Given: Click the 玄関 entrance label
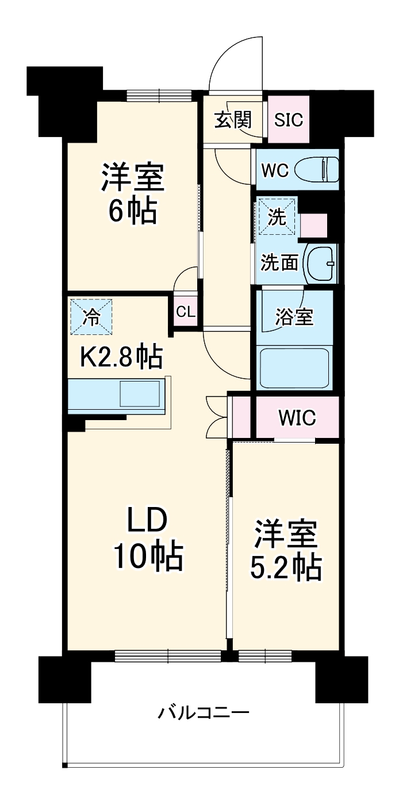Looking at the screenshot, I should pos(233,120).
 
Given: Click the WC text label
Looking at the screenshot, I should pos(274,171).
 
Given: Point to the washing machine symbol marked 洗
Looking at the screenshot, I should pos(277,218).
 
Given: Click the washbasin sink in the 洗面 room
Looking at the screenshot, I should pos(321,263).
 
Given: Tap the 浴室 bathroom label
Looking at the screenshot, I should pos(294,317).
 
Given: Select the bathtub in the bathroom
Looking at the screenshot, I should pos(294,367).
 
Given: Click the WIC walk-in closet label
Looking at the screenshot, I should pos(297,418).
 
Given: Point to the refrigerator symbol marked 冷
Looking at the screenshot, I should pos(91,316).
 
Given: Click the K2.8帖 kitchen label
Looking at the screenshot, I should pos(120,357).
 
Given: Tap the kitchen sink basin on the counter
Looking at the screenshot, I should pos(140,394).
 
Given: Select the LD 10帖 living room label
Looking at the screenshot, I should pos(147,538).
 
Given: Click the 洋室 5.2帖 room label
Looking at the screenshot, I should pos(286,551).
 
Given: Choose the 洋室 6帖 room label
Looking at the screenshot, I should pos(133,193).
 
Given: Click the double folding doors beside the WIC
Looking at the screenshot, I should pos(217,416).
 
